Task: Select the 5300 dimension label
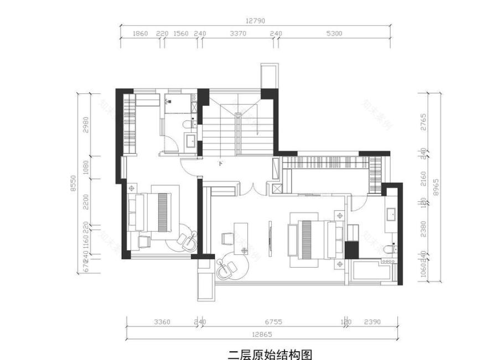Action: (x=334, y=34)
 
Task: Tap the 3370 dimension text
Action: (x=237, y=34)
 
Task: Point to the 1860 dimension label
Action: (x=141, y=34)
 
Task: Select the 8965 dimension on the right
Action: (x=437, y=188)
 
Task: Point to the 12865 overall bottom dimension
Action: (x=259, y=335)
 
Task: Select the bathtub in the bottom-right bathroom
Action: (x=371, y=272)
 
